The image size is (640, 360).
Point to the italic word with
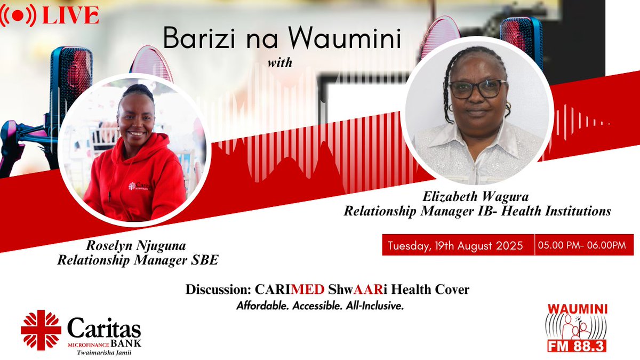[x=280, y=63]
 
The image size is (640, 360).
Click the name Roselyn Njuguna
[x=138, y=247]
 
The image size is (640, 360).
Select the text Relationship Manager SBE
[x=138, y=260]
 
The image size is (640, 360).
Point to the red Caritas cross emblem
[x=41, y=330]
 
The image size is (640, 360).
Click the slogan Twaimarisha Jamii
[x=105, y=352]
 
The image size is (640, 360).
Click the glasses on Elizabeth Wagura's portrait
[x=477, y=89]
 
